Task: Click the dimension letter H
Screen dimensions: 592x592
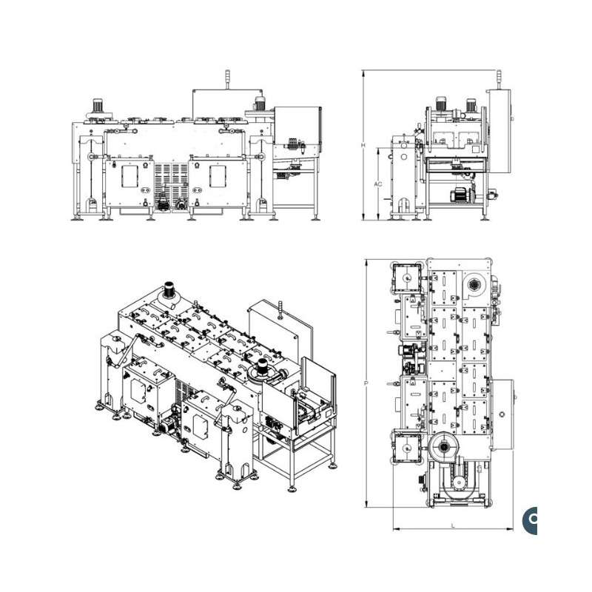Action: pyautogui.click(x=363, y=145)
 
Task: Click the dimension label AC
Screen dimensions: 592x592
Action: pyautogui.click(x=378, y=184)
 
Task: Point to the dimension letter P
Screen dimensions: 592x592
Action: pyautogui.click(x=366, y=383)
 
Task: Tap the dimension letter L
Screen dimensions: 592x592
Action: pyautogui.click(x=453, y=525)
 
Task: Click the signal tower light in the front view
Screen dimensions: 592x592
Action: pyautogui.click(x=227, y=78)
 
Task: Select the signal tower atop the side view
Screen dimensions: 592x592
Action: pyautogui.click(x=499, y=79)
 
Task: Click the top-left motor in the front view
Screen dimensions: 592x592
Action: pyautogui.click(x=98, y=106)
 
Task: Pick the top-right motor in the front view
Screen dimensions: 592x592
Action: pyautogui.click(x=260, y=104)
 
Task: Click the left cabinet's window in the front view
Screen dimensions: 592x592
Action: pyautogui.click(x=130, y=176)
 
